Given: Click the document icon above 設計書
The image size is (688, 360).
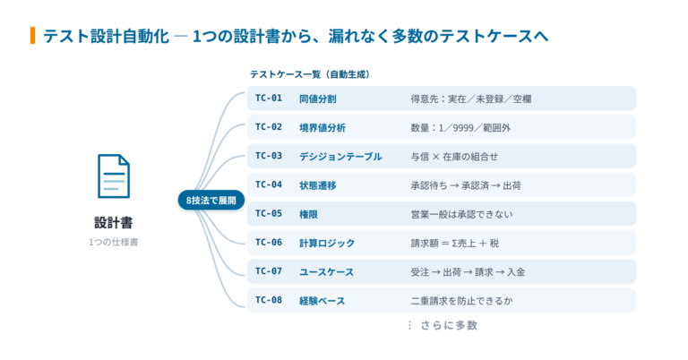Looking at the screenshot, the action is click(114, 176).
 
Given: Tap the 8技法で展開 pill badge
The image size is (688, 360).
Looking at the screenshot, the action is click(211, 200).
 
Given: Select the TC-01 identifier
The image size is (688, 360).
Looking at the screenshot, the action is click(269, 99).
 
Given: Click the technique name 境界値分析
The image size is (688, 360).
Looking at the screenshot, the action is click(322, 127).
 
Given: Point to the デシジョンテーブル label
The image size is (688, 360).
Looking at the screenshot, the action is click(340, 157).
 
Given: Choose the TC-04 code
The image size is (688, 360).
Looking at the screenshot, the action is click(269, 184).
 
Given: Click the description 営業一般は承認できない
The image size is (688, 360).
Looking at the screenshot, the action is click(461, 214).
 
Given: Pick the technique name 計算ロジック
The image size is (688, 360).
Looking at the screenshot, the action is click(327, 243).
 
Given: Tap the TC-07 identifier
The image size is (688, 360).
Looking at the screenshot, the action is click(269, 271).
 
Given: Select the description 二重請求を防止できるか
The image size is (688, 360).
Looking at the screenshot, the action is click(461, 301).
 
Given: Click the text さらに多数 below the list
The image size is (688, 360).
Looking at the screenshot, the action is click(449, 325).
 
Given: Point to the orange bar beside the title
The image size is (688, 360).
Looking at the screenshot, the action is click(32, 36).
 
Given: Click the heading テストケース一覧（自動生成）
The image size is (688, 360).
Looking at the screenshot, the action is click(310, 74).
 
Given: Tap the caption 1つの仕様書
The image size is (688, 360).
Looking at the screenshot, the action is click(113, 242).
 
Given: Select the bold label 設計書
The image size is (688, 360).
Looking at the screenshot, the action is click(113, 223).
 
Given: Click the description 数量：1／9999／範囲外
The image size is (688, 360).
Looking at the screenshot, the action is click(460, 127).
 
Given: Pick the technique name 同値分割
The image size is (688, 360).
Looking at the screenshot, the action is click(318, 99).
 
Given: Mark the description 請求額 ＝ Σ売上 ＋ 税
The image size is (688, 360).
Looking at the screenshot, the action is click(454, 243).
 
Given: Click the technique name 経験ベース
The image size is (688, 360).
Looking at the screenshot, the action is click(322, 301).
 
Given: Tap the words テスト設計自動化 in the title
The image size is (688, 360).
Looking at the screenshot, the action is click(106, 36).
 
